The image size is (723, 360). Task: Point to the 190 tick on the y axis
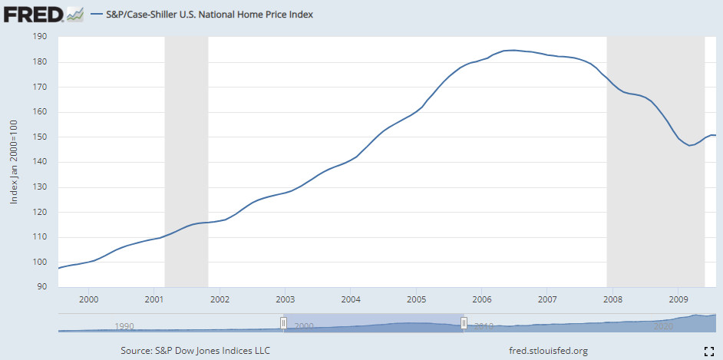[41, 37]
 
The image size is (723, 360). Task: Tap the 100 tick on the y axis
[41, 262]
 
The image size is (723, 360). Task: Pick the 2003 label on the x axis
[286, 299]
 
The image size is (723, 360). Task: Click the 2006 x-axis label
[481, 299]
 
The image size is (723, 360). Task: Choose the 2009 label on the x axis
[678, 299]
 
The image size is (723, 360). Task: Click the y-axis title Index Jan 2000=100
[14, 161]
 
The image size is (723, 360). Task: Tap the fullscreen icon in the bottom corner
[709, 351]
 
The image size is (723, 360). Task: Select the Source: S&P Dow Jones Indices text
[196, 351]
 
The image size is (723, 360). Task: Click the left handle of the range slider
[283, 323]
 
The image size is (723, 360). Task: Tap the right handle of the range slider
[464, 323]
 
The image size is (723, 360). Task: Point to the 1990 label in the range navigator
[124, 326]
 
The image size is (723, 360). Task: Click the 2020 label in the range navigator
[663, 326]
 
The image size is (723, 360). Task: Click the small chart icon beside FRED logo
[74, 14]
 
